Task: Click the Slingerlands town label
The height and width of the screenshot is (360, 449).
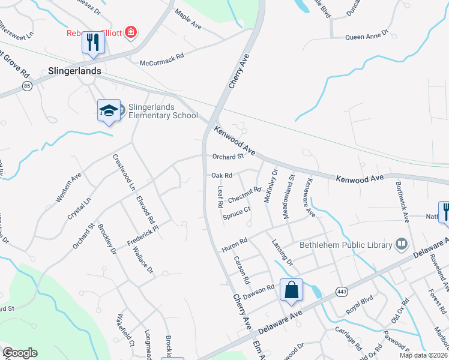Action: (73, 71)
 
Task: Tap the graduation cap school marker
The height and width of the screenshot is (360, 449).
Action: (109, 110)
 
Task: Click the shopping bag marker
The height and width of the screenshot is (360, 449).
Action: (291, 290)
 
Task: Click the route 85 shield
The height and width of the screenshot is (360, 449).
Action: (27, 86)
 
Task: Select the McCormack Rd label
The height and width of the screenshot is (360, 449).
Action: (161, 62)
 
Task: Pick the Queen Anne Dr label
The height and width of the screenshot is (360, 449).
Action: (366, 37)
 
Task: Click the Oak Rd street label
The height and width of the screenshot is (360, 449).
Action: (222, 175)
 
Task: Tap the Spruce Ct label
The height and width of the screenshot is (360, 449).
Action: (236, 214)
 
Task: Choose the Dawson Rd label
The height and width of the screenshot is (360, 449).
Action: (259, 291)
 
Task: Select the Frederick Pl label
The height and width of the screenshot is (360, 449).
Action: (142, 235)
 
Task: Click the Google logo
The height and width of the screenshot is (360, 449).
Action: (20, 353)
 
